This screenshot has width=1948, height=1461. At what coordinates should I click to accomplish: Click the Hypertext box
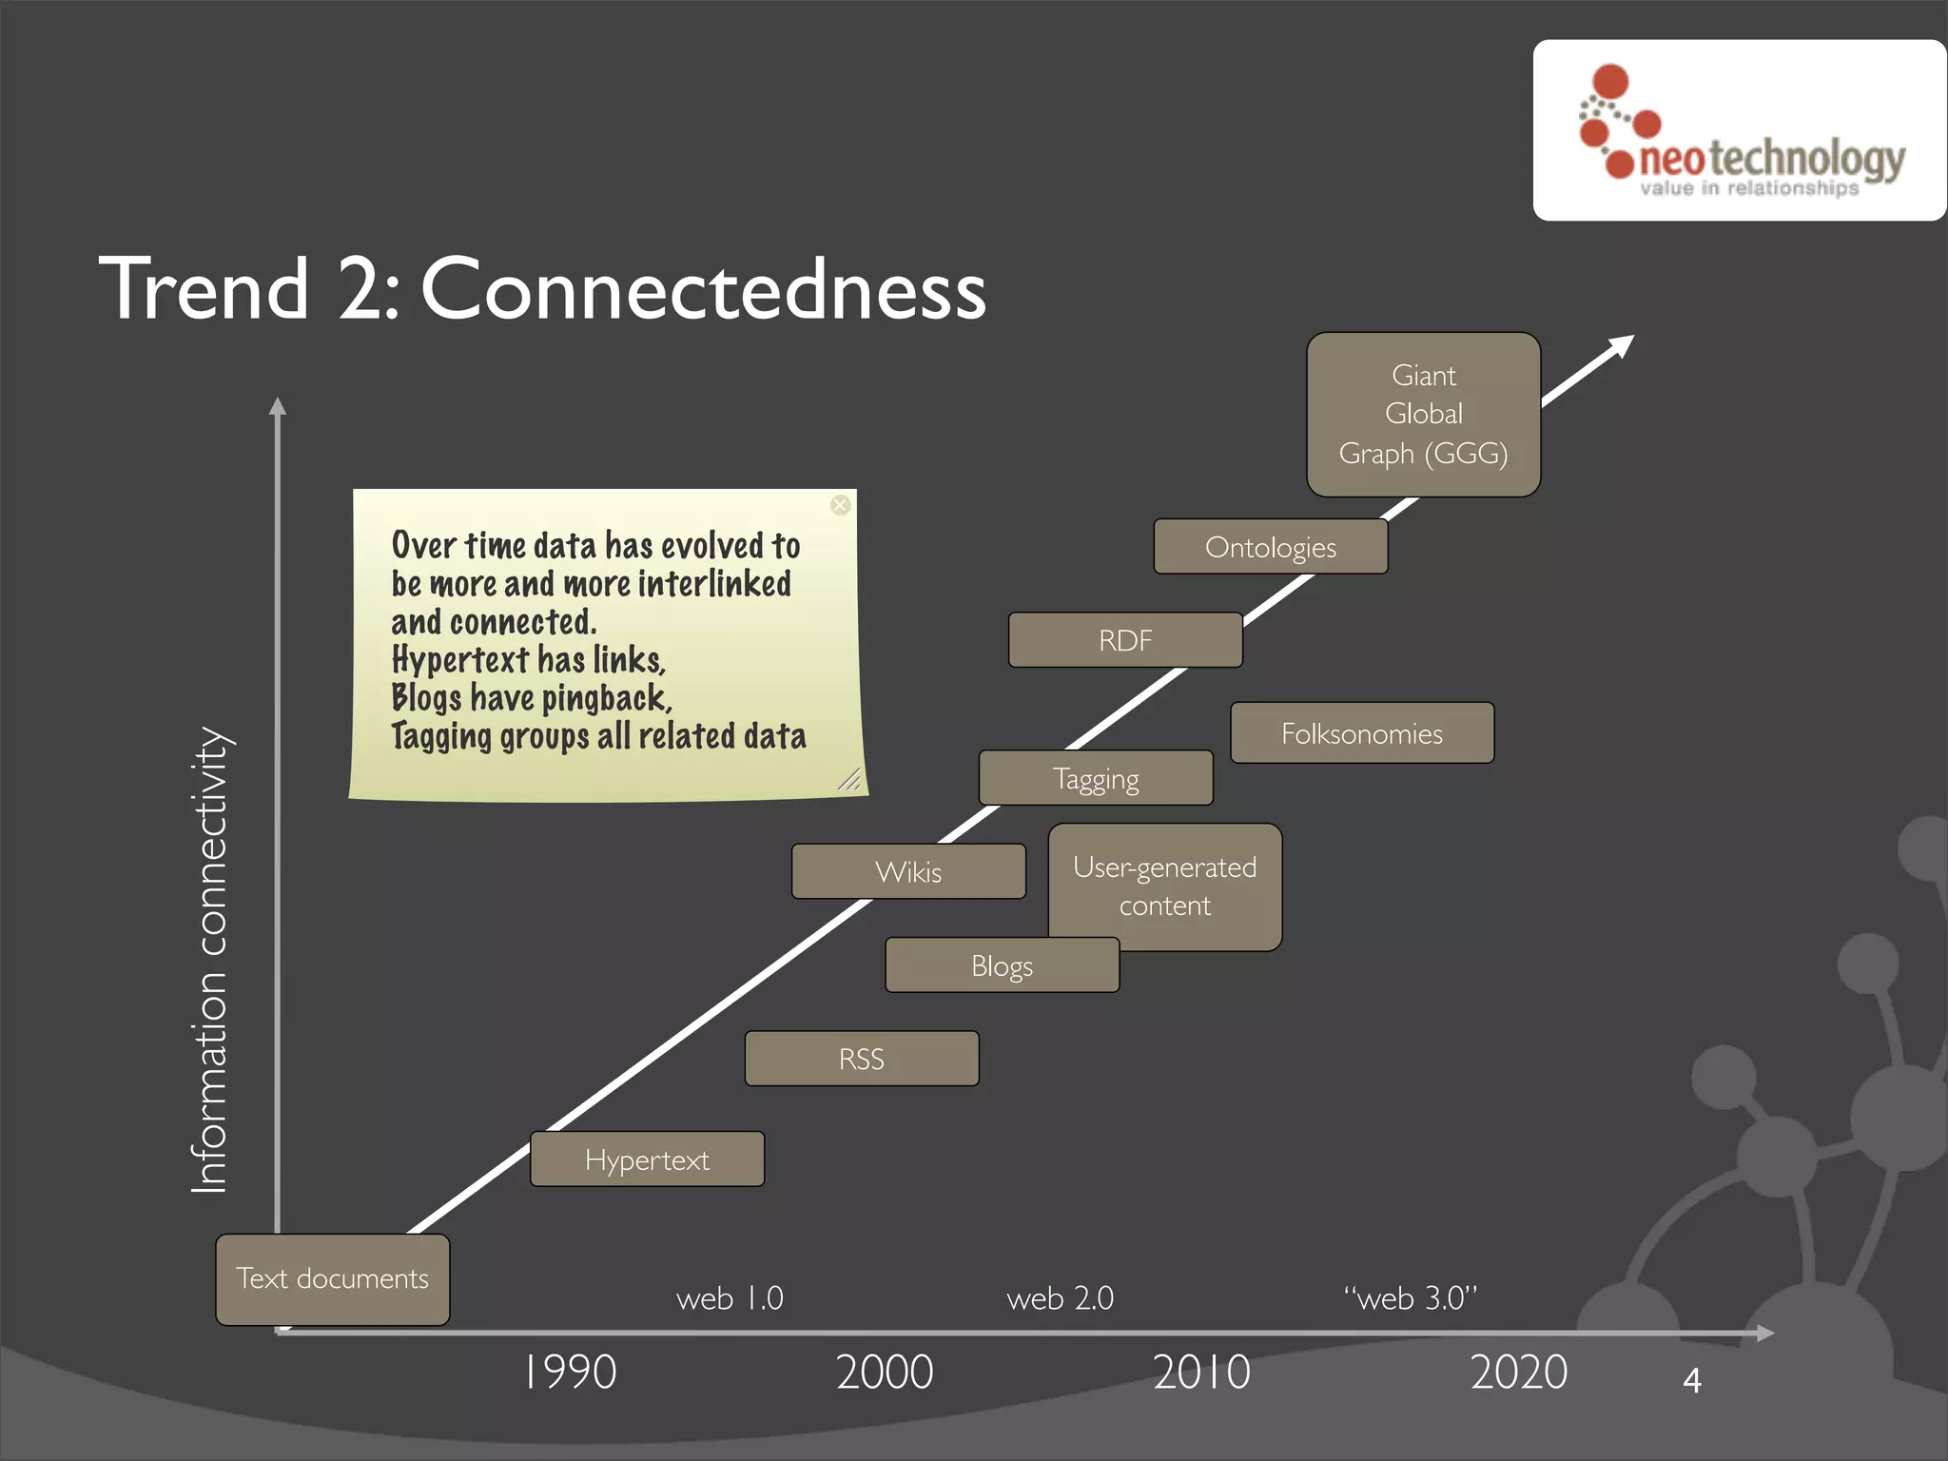click(647, 1159)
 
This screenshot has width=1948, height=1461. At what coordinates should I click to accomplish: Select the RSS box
click(862, 1059)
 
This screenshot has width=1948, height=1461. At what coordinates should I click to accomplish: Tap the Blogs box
click(1002, 965)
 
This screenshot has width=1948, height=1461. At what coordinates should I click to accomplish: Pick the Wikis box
click(908, 871)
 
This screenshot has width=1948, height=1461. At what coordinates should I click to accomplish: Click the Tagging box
click(1096, 778)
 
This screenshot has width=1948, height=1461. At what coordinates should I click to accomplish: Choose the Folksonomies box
click(1362, 733)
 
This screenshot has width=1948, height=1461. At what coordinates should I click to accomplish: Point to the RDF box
click(1125, 640)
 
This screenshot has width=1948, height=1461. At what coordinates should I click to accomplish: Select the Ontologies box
click(1271, 547)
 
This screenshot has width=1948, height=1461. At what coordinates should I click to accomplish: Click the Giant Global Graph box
click(1423, 415)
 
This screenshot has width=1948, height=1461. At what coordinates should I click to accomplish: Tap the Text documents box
click(332, 1279)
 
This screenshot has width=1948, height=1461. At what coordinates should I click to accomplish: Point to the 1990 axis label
click(570, 1373)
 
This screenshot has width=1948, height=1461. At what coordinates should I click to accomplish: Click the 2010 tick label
click(1201, 1373)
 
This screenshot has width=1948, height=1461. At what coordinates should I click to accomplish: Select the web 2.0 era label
click(1060, 1298)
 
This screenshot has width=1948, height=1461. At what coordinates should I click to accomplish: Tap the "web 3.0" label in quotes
click(1411, 1298)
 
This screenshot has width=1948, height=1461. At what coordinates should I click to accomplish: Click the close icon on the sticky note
click(840, 505)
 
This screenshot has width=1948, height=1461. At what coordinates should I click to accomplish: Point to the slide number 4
click(1691, 1380)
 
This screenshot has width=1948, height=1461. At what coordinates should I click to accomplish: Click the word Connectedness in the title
click(703, 288)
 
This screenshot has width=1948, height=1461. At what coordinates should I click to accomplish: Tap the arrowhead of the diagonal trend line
click(1622, 345)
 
